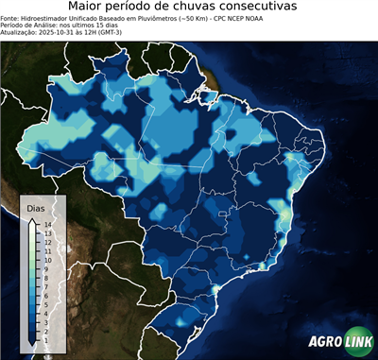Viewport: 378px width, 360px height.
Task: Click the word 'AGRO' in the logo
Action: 326,341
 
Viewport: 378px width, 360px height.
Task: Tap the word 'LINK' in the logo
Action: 358,341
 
